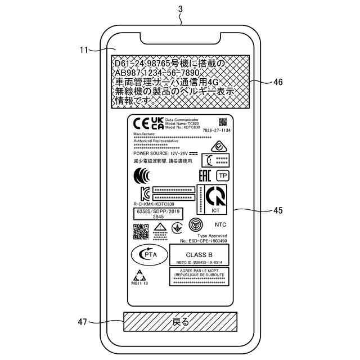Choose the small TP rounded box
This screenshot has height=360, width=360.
[222, 175]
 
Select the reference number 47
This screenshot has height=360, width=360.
[83, 322]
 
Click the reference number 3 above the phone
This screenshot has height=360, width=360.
[180, 8]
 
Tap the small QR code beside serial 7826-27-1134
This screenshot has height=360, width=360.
[222, 122]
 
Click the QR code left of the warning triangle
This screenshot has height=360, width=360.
[141, 231]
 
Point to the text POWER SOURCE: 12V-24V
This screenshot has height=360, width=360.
[160, 153]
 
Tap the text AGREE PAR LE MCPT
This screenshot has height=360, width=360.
[198, 271]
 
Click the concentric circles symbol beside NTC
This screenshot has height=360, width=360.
[195, 224]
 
